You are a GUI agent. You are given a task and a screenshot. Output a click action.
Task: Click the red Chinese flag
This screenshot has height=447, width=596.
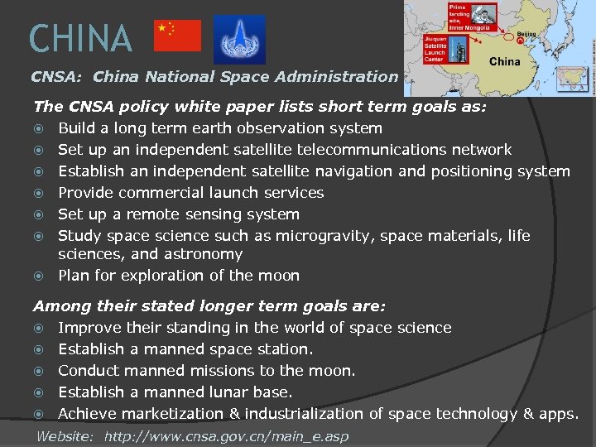coord(178,36)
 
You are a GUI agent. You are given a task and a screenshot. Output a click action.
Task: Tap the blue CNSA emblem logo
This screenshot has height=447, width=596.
coord(239,39)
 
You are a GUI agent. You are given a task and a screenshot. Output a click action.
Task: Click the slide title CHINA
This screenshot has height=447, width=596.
coord(80,38)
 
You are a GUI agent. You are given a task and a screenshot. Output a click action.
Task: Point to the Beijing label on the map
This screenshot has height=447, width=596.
coord(526,34)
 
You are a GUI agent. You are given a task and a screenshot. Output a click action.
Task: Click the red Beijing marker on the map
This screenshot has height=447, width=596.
coord(520,41)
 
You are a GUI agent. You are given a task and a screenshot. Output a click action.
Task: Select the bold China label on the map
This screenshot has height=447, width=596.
coord(505,61)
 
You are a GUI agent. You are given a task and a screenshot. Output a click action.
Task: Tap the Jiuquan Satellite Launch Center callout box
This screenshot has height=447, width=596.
coord(435,50)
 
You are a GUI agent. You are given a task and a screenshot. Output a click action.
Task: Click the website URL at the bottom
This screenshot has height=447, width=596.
coord(226,436)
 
